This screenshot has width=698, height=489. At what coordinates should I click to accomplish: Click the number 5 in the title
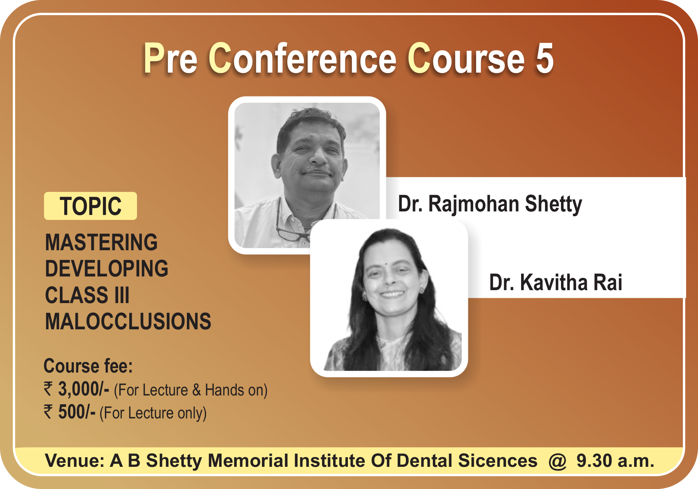tap(544, 58)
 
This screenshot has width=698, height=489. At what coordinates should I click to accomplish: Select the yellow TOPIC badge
tap(90, 206)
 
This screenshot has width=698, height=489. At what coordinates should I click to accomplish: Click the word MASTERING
tap(101, 242)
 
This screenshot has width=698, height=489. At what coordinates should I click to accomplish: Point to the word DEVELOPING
tap(106, 269)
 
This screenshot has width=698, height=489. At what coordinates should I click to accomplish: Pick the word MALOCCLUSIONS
tap(128, 321)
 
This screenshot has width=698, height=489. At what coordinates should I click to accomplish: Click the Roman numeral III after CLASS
tap(122, 295)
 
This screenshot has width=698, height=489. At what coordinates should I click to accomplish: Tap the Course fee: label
tap(88, 366)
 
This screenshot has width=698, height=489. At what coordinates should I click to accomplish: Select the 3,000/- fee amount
tap(84, 390)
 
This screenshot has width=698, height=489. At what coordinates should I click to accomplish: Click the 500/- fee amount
tap(77, 412)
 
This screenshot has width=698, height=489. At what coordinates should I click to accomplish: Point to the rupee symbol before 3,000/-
tap(48, 389)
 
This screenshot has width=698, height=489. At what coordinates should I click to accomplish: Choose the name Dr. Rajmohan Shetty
tap(490, 204)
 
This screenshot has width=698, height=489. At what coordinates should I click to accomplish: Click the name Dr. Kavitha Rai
tap(555, 282)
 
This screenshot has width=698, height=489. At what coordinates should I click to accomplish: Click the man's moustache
tap(316, 170)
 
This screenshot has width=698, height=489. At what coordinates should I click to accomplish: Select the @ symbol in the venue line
tap(557, 461)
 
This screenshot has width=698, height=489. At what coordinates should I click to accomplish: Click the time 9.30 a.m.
tap(615, 461)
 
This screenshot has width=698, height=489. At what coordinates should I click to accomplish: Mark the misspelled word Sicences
tap(497, 461)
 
